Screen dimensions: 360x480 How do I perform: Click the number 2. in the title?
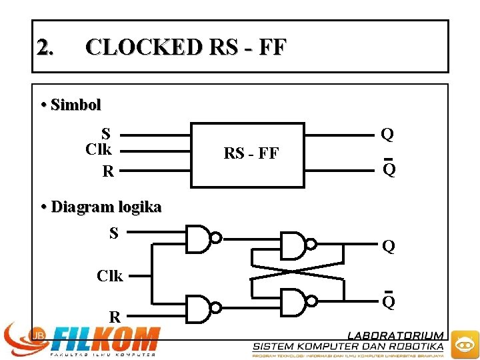[46, 47]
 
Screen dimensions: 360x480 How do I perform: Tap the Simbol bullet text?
[75, 105]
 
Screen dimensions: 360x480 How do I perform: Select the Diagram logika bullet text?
[106, 207]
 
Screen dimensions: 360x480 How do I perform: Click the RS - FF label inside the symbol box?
[251, 154]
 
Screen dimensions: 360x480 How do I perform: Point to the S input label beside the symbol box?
[106, 133]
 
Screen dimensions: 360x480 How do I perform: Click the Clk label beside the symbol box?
[99, 148]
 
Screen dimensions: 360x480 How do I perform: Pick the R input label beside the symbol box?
[107, 171]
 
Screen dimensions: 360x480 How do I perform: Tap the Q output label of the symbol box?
[387, 135]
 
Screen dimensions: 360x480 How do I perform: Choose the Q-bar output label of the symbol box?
[389, 169]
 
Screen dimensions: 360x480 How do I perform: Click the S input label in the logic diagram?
[114, 233]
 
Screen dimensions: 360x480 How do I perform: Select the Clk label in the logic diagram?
[110, 275]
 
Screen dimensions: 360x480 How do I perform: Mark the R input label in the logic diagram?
[115, 317]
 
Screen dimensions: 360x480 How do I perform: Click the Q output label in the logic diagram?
[389, 247]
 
